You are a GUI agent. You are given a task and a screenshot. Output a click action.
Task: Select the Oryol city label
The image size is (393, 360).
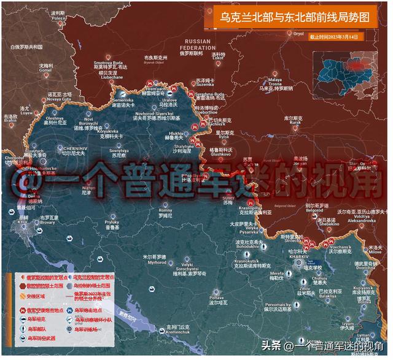pos(298,34)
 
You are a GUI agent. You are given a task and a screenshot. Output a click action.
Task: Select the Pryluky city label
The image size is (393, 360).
pos(112,223)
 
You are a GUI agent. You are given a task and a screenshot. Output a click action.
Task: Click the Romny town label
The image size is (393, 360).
pos(166,212)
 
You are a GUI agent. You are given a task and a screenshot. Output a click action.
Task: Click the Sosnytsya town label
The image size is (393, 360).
pos(118,151)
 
